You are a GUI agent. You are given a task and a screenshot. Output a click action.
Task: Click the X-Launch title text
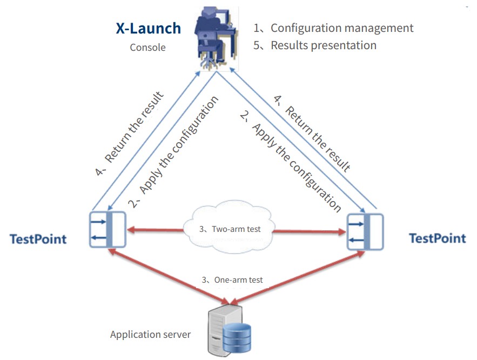pos(149,28)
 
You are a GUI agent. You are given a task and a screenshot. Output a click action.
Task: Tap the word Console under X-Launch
pos(147,48)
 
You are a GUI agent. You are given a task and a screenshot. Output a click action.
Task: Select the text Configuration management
pos(341,28)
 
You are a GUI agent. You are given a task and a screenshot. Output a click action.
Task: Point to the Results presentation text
pos(323,45)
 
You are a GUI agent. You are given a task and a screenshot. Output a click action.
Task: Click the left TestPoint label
pos(38,239)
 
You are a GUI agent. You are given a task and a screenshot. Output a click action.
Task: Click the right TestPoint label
pos(437,238)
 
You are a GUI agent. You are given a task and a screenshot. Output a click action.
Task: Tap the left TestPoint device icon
pos(108,229)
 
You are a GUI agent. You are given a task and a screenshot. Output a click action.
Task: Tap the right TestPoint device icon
pos(365,232)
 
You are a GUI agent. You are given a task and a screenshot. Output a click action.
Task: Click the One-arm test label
pos(232,280)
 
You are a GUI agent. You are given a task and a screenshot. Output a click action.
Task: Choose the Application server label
pos(150,335)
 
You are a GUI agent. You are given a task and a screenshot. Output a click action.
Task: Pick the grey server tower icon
pos(219,330)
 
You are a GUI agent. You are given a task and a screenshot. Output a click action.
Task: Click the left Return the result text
pos(129,135)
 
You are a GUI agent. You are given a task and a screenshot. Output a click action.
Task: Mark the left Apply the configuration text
pos(173,154)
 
